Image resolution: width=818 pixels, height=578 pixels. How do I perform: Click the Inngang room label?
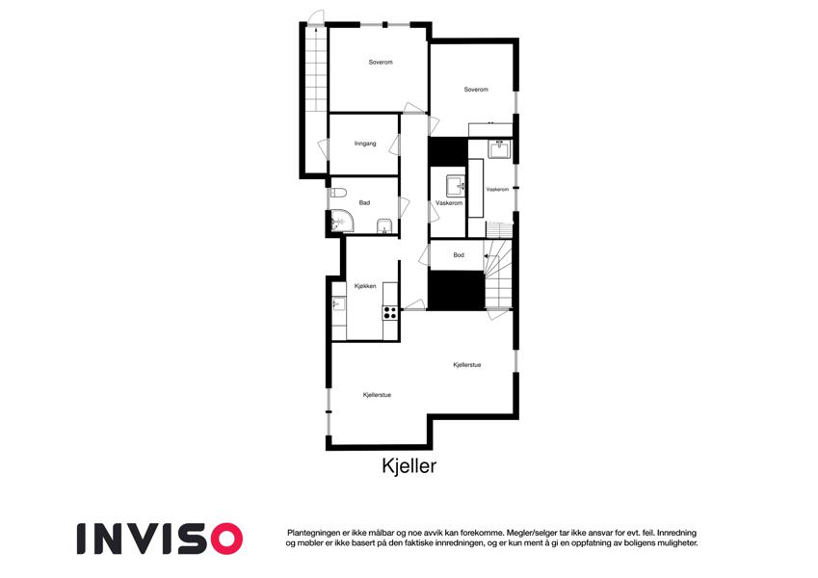[365, 144]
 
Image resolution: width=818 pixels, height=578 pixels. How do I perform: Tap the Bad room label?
[364, 202]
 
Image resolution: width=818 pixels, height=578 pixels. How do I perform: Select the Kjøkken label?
[365, 286]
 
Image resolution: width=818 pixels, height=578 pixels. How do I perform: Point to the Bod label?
[459, 255]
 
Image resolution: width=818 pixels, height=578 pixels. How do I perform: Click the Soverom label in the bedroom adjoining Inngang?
[381, 62]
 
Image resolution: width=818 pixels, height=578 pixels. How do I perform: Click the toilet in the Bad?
[338, 193]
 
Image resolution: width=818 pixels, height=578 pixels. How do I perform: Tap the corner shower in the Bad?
[341, 222]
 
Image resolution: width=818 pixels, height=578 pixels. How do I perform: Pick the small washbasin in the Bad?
[384, 227]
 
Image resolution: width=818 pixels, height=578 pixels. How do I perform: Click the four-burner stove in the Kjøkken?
[389, 313]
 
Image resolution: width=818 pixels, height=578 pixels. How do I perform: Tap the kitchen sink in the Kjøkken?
[338, 303]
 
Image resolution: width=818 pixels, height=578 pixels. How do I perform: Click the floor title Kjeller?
[409, 466]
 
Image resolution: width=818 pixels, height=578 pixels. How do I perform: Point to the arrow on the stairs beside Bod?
[490, 256]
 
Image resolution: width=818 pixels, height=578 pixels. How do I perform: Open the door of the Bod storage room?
[424, 255]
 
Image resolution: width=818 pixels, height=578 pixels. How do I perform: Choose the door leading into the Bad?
[404, 207]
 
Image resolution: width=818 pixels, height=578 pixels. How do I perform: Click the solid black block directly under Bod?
[457, 291]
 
